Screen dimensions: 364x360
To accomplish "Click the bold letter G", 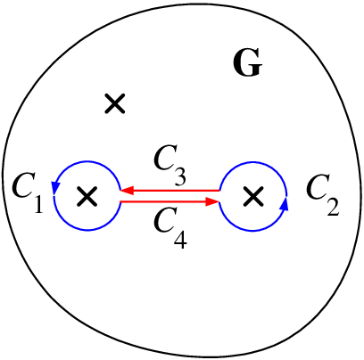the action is (247, 62).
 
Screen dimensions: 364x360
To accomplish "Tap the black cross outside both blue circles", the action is (115, 103).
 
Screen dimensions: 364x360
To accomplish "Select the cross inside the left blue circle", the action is (87, 196).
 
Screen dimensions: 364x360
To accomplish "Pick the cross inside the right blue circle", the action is (253, 196).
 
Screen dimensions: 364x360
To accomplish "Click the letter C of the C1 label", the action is (23, 187).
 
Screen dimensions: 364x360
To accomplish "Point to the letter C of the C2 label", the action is (317, 187).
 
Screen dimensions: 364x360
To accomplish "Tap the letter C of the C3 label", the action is (165, 158).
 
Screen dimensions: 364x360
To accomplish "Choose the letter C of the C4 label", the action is (165, 220).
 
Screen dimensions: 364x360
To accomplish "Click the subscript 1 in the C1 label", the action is (38, 203).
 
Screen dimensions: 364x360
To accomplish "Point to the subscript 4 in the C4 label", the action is (179, 238).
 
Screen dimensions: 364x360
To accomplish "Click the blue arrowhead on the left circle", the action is (55, 188).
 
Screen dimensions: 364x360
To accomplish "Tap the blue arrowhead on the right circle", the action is (285, 204).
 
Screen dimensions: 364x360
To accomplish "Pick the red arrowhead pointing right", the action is (212, 202).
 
